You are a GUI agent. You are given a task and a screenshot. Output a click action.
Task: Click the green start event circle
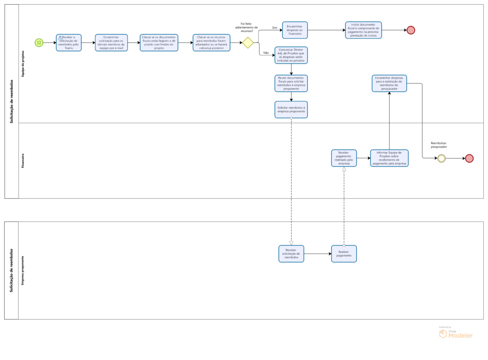[x=39, y=42]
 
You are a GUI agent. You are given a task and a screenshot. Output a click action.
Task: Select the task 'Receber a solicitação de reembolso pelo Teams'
[x=69, y=42]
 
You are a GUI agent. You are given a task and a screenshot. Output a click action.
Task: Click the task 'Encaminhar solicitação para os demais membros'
[x=111, y=42]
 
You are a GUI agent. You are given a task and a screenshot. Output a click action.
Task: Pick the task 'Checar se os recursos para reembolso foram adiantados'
[x=211, y=42]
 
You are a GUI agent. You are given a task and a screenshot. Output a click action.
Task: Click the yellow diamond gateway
[x=247, y=42]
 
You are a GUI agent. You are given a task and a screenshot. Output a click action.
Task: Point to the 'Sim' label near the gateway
[x=274, y=28]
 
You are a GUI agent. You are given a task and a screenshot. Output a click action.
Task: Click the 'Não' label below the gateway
[x=266, y=53]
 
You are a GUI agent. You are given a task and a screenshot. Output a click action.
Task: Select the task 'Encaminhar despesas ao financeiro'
[x=295, y=30]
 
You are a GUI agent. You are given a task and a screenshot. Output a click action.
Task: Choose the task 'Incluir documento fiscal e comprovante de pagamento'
[x=363, y=30]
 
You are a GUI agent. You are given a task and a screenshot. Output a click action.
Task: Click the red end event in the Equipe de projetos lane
[x=411, y=30]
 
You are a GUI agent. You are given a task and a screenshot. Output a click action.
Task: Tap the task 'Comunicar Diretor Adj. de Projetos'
[x=291, y=55]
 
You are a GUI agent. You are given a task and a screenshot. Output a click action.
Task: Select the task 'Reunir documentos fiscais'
[x=291, y=83]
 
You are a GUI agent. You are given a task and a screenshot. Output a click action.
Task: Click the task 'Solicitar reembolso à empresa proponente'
[x=291, y=109]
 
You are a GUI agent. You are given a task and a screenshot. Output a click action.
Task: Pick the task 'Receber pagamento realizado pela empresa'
[x=344, y=158]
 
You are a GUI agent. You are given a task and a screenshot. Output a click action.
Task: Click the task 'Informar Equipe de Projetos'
[x=389, y=158]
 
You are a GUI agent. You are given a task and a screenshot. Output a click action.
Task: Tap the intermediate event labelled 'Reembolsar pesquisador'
[x=441, y=159]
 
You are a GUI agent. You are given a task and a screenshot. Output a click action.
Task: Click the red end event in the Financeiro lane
[x=469, y=159]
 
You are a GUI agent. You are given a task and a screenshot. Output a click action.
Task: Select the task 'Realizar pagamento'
[x=344, y=254]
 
